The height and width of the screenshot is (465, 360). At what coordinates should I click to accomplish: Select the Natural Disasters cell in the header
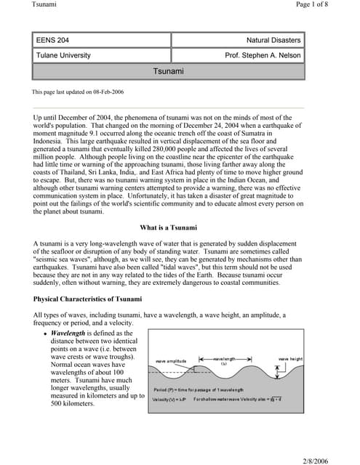pos(273,41)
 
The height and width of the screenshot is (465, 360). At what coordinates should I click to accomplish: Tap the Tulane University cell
pos(63,55)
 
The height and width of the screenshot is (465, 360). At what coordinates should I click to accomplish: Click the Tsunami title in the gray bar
pos(168,71)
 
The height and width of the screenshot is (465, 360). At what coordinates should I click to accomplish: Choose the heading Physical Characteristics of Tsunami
pos(87,299)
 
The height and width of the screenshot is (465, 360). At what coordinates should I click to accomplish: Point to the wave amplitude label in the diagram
pos(171,360)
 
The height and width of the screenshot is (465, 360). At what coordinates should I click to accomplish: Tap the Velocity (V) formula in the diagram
pos(170,399)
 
